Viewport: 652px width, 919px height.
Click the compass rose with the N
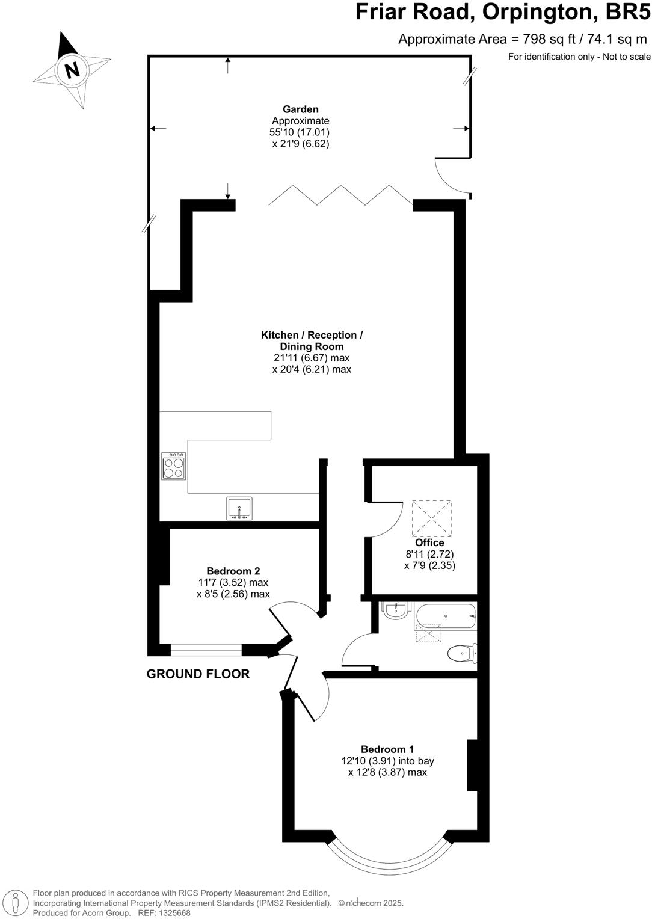tap(72, 70)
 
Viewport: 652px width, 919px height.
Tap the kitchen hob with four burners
tap(174, 466)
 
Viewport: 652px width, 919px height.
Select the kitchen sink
tap(240, 508)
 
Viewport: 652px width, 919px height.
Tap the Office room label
tap(429, 542)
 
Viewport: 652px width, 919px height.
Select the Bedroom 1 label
tap(387, 749)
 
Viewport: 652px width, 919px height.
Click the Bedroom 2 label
tap(233, 571)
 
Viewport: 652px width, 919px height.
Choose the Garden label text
tap(301, 109)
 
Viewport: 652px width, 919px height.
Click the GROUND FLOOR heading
tap(198, 674)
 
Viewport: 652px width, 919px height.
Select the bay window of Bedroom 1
tap(389, 858)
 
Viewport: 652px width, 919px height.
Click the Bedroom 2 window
tap(206, 650)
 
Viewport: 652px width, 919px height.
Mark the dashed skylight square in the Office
tap(431, 518)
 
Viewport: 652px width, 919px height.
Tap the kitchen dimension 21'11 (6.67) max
tap(312, 358)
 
